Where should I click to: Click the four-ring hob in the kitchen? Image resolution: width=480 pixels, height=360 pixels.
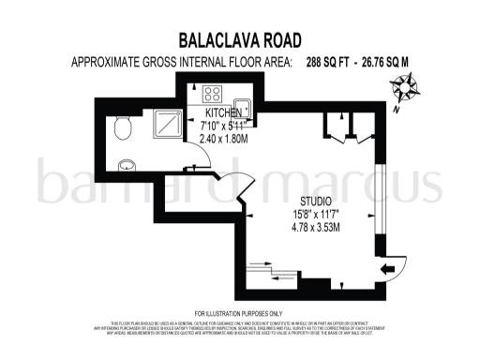pyautogui.click(x=212, y=94)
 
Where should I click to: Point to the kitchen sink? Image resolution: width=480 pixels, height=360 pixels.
pyautogui.click(x=242, y=106)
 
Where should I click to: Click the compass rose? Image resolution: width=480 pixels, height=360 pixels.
pyautogui.click(x=406, y=92)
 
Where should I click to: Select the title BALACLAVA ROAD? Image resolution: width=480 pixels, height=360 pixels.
pyautogui.click(x=239, y=41)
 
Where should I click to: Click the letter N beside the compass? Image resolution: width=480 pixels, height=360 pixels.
pyautogui.click(x=397, y=110)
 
